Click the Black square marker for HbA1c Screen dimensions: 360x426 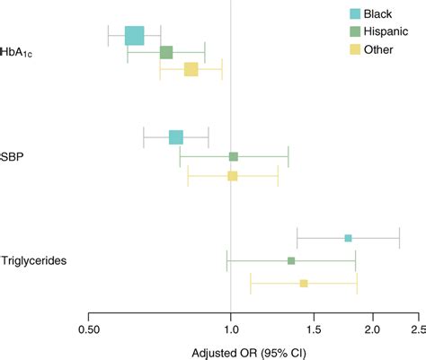pyautogui.click(x=134, y=36)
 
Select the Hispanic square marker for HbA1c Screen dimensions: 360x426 pyautogui.click(x=166, y=53)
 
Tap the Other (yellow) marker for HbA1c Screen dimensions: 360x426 pyautogui.click(x=191, y=69)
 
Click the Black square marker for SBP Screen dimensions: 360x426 pyautogui.click(x=176, y=137)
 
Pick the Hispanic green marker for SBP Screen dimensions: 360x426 pyautogui.click(x=234, y=157)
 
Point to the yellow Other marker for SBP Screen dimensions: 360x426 pyautogui.click(x=232, y=176)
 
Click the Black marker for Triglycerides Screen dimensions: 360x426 pyautogui.click(x=348, y=238)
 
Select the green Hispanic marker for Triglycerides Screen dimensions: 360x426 pyautogui.click(x=291, y=260)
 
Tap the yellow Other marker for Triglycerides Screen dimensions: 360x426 pyautogui.click(x=304, y=283)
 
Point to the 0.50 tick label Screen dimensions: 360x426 pyautogui.click(x=88, y=329)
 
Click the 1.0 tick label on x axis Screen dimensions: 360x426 pyautogui.click(x=231, y=329)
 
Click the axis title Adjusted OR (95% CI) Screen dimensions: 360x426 pyautogui.click(x=249, y=352)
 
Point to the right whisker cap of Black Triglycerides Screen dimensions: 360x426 pyautogui.click(x=399, y=238)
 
